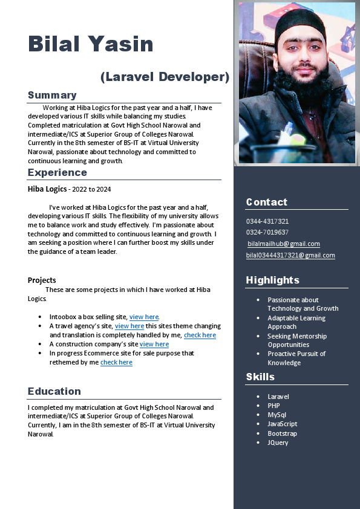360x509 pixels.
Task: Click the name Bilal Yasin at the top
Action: [x=91, y=44]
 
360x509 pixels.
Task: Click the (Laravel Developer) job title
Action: [x=165, y=77]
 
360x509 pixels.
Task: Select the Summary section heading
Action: [x=52, y=95]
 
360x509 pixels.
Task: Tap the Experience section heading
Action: [x=57, y=172]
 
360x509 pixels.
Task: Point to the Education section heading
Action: [x=54, y=391]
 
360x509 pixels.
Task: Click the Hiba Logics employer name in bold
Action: [x=47, y=189]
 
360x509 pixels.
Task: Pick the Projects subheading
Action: [x=42, y=280]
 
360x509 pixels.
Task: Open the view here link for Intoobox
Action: [x=144, y=317]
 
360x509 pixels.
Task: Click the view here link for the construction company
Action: [x=154, y=344]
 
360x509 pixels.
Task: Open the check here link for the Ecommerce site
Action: [x=116, y=362]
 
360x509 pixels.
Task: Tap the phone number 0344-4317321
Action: [x=267, y=221]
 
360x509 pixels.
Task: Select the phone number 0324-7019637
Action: [x=267, y=232]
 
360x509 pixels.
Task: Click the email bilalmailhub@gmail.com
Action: [x=284, y=244]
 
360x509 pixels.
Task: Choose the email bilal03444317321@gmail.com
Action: [x=290, y=255]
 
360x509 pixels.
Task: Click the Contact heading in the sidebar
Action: [x=267, y=202]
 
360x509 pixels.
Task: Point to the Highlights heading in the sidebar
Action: [x=273, y=280]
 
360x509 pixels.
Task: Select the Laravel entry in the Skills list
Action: [x=278, y=397]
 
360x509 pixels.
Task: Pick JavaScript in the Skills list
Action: [x=283, y=424]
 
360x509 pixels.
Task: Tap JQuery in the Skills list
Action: [x=278, y=443]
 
